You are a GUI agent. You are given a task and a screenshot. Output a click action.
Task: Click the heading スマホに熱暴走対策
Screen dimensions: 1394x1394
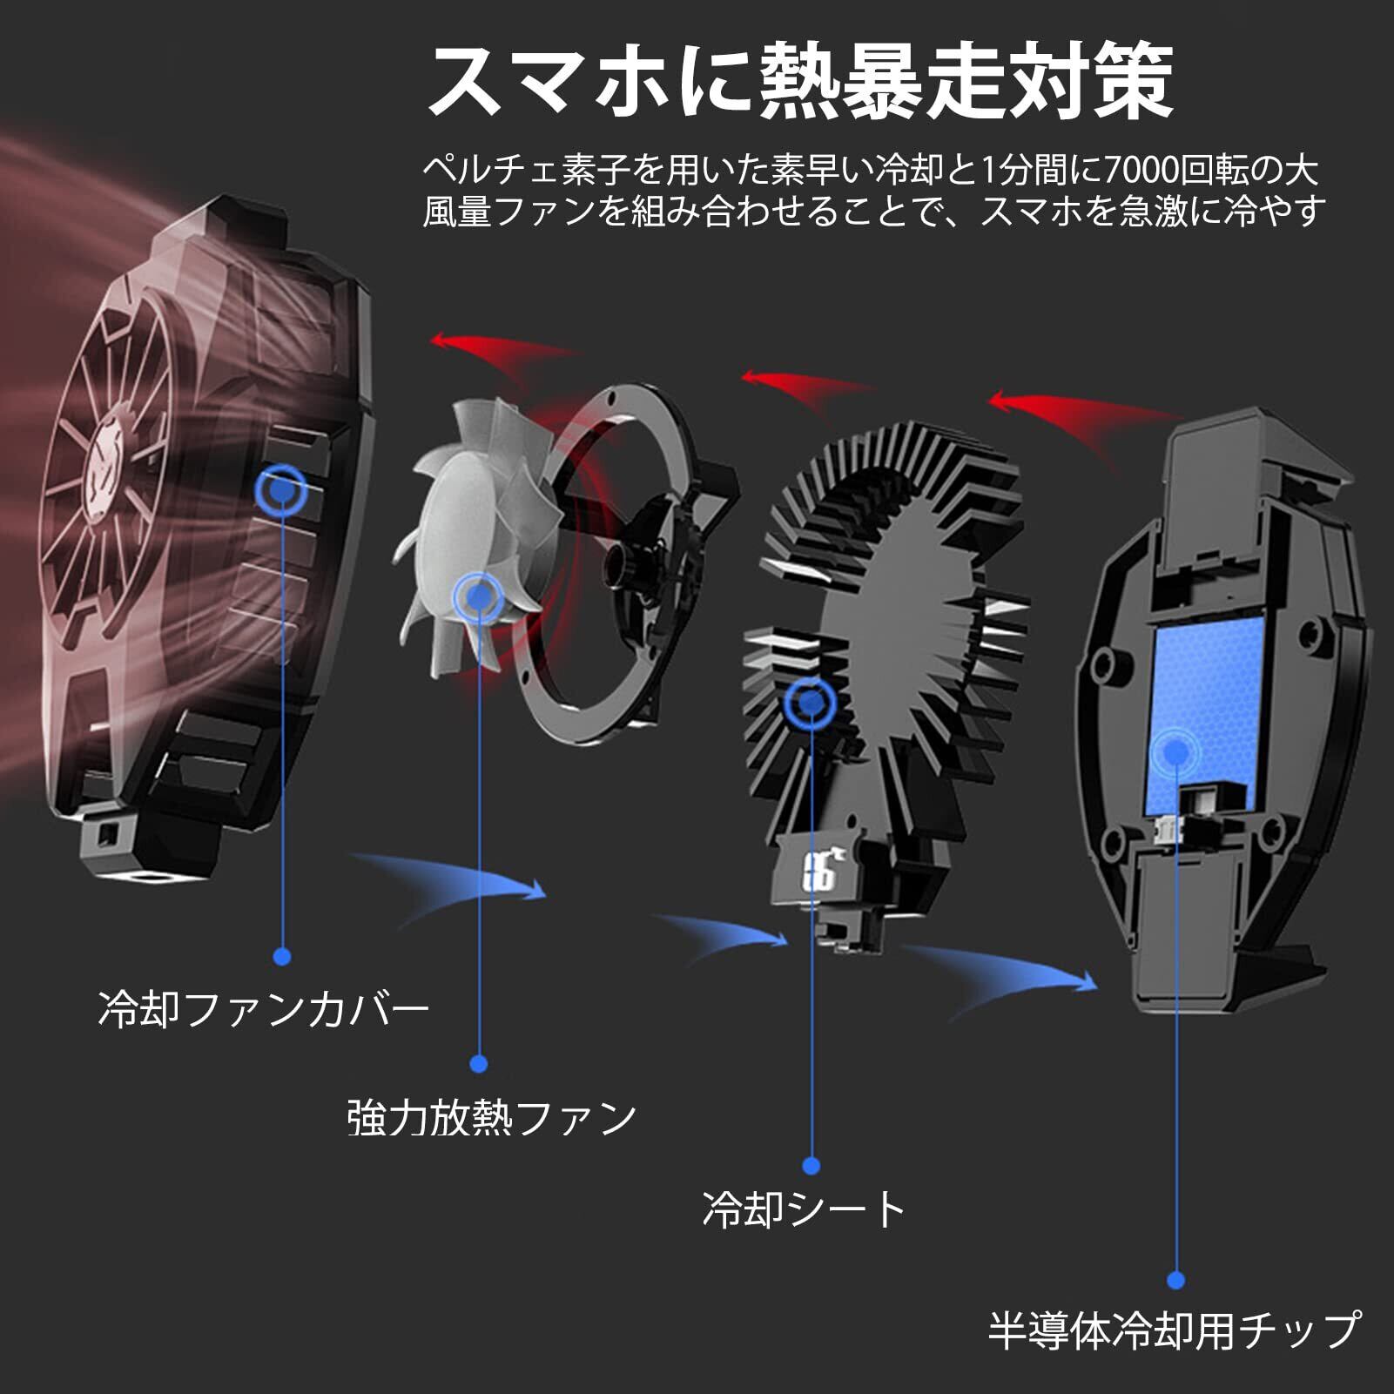(801, 83)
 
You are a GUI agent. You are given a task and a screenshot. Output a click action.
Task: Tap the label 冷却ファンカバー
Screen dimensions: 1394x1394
(264, 1010)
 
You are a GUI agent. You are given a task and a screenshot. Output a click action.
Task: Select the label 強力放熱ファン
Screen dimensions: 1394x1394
(492, 1118)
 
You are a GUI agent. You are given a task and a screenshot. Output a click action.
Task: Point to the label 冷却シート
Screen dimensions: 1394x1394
(805, 1209)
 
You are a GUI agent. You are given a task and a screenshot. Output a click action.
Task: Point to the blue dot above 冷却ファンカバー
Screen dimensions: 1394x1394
(281, 957)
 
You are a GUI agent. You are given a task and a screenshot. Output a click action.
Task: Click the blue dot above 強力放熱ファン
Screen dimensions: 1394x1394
(478, 1063)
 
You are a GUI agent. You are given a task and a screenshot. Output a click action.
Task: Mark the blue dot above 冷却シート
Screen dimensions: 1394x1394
(811, 1165)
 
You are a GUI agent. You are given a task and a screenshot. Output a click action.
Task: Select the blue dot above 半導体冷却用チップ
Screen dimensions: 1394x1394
(1175, 1280)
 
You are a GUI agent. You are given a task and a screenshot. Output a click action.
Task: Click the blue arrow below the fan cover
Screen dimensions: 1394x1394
(461, 879)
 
